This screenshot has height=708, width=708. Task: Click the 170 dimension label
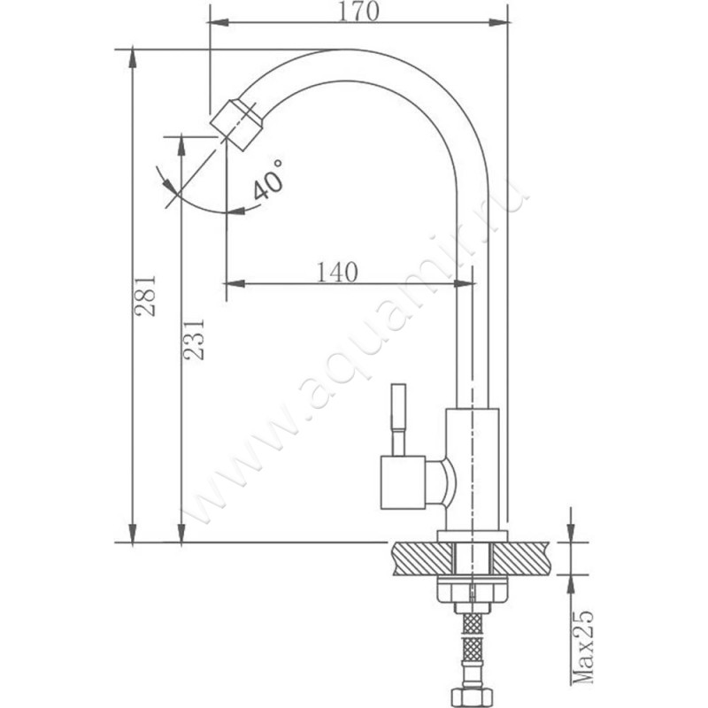(358, 12)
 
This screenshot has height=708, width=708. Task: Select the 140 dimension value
(337, 272)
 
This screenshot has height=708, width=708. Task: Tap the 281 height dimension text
(145, 296)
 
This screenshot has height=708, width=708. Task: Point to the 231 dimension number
(193, 340)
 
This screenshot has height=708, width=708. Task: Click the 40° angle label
(268, 180)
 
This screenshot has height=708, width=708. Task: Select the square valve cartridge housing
(404, 482)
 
